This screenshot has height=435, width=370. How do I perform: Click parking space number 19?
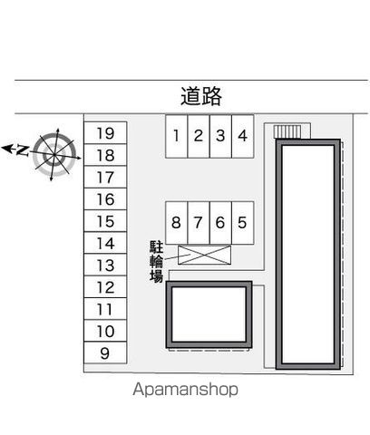[x=105, y=133]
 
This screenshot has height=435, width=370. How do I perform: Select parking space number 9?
[x=105, y=353]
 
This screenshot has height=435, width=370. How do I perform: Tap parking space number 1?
[x=177, y=136]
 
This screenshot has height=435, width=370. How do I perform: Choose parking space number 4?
[x=243, y=136]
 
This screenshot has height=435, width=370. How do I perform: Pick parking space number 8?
[x=177, y=223]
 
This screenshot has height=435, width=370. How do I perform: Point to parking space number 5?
[x=243, y=223]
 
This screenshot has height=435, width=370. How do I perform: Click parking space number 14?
[x=105, y=243]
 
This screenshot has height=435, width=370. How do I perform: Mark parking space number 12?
[x=105, y=287]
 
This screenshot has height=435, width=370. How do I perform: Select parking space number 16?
[x=105, y=199]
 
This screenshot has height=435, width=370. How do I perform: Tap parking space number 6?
[x=220, y=223]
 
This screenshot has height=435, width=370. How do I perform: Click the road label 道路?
[x=201, y=96]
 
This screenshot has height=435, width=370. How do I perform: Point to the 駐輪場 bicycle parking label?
[x=156, y=262]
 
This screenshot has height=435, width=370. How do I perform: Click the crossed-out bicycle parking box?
[x=205, y=255]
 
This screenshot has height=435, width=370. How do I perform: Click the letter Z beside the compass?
[x=22, y=150]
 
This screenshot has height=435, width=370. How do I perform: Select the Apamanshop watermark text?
[x=185, y=390]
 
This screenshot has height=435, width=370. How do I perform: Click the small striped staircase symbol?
[x=287, y=131]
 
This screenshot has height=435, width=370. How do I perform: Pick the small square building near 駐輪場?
[x=209, y=314]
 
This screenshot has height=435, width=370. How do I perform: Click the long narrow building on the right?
[x=308, y=255]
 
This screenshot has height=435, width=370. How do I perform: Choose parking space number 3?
[x=220, y=136]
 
